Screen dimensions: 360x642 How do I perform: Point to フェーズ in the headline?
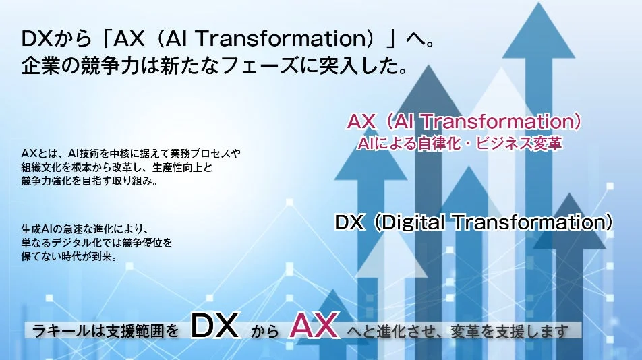pos(256,67)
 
